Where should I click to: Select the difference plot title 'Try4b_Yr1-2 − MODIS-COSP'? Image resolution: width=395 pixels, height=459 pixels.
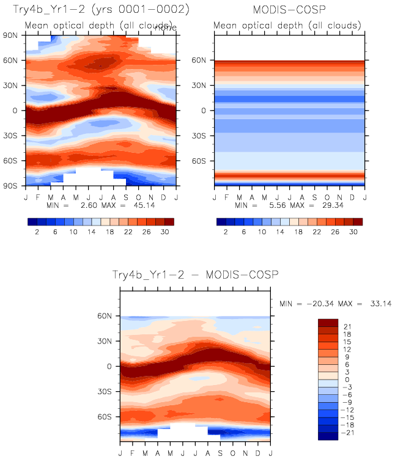click(194, 276)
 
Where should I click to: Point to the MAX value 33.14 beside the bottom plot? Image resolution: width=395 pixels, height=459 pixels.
click(369, 304)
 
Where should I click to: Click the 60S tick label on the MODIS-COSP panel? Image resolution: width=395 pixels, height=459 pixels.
click(203, 161)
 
